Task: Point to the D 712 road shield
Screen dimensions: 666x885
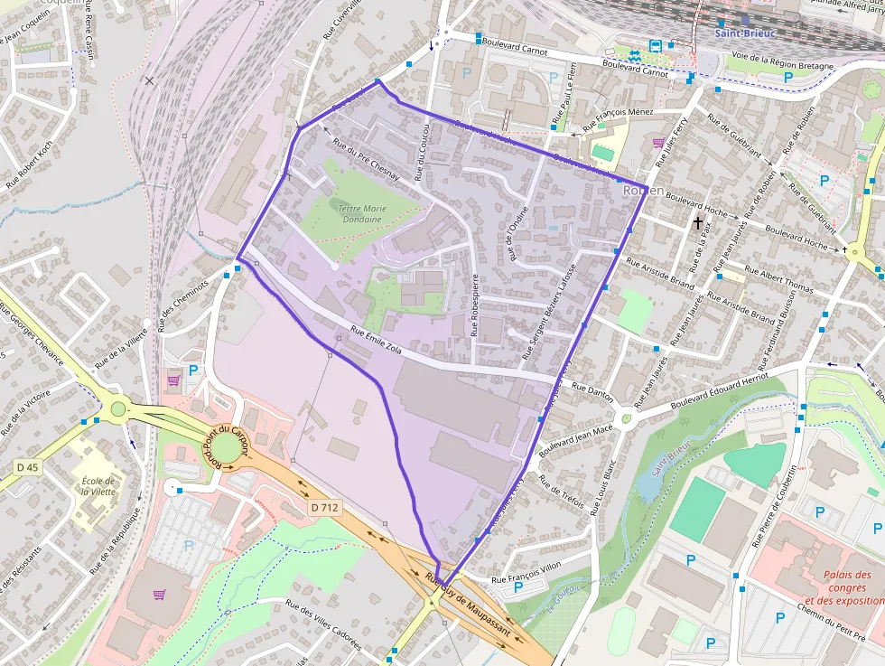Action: (324, 508)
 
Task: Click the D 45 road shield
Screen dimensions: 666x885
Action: (28, 467)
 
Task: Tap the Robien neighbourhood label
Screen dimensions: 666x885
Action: (643, 191)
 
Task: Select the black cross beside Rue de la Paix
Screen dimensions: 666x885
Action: (697, 221)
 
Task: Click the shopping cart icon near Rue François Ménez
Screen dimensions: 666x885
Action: (658, 142)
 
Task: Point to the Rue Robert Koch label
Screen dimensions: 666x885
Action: (31, 164)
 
